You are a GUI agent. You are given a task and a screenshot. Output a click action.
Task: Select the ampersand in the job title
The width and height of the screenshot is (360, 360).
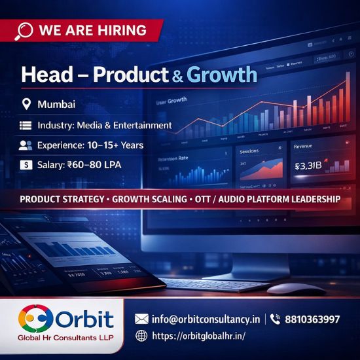point(177,75)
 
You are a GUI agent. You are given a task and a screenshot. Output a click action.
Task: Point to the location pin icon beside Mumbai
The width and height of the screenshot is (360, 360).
point(26,104)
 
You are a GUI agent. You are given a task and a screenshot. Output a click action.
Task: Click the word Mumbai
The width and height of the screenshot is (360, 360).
point(56,104)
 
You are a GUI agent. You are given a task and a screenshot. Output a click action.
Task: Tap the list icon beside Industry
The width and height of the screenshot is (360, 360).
point(26,125)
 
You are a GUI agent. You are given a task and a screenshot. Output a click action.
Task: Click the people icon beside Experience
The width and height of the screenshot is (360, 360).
point(26,145)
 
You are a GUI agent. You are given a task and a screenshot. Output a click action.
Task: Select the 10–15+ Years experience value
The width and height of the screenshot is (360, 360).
point(120,145)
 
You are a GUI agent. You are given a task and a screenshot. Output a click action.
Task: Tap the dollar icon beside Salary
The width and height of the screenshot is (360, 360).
point(26,166)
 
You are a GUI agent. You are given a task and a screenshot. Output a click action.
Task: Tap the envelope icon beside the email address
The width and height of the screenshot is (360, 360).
point(141,319)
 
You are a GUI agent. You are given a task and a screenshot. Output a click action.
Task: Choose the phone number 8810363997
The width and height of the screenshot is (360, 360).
point(314,319)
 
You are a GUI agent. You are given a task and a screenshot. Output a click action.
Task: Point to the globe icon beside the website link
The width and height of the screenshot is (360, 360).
point(141,336)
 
